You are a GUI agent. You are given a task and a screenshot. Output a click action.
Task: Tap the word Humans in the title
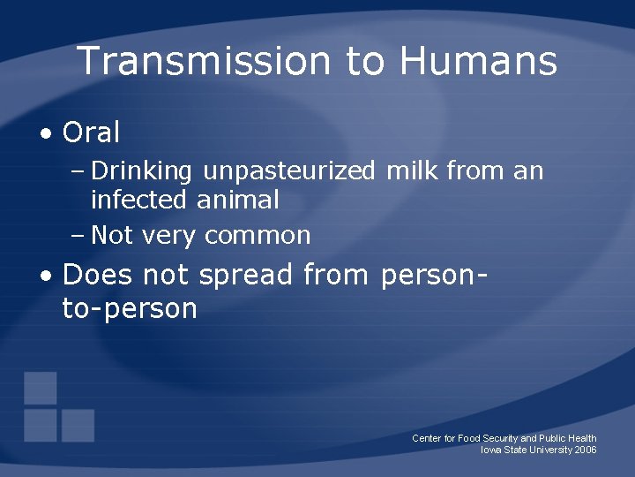click(x=478, y=62)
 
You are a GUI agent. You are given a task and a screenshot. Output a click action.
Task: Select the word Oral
click(x=91, y=133)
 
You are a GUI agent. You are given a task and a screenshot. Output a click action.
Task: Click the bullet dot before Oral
click(x=45, y=134)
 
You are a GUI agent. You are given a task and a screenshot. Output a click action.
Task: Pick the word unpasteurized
click(x=289, y=171)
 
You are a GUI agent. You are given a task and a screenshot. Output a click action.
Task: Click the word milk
click(x=413, y=170)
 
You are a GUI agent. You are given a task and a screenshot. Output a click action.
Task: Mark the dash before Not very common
click(x=77, y=236)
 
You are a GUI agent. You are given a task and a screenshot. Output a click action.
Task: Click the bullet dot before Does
click(x=45, y=276)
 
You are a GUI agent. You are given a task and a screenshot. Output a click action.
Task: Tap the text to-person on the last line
click(x=130, y=309)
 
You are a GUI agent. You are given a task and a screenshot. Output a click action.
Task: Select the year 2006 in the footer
click(x=585, y=450)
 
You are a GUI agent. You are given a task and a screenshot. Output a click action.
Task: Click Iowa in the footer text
click(x=491, y=450)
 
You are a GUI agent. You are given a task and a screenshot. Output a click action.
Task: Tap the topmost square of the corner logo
click(x=41, y=388)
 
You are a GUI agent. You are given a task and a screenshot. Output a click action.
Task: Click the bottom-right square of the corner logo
click(x=78, y=425)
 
